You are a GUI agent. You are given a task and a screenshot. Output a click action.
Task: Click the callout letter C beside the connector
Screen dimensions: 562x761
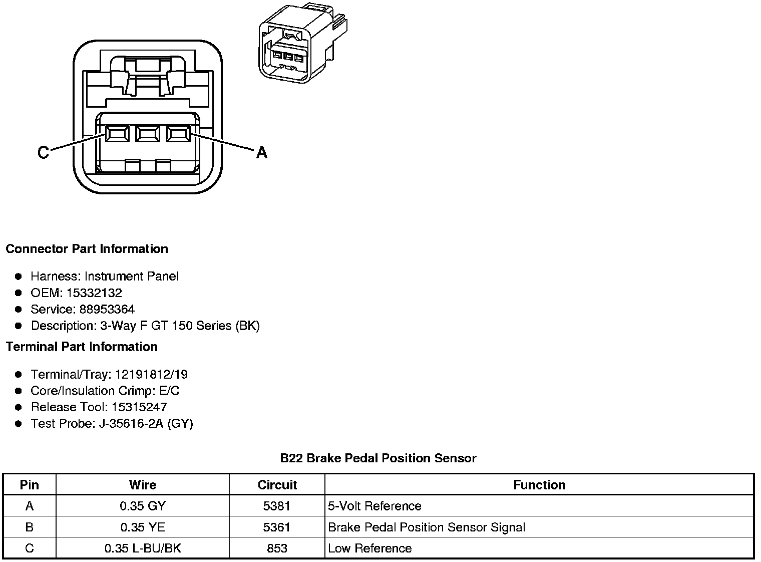point(44,152)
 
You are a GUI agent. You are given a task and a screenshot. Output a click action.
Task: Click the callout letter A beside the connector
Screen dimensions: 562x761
point(261,152)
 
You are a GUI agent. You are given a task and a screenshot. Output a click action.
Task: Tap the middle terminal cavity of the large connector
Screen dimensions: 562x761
point(147,134)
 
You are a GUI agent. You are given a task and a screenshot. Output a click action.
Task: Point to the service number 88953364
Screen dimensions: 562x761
point(107,309)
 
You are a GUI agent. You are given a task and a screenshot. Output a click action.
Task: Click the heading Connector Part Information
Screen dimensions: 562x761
point(87,249)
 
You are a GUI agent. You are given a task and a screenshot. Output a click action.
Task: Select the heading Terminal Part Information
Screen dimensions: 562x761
point(82,347)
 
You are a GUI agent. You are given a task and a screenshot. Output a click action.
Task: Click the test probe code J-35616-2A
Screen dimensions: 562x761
point(132,423)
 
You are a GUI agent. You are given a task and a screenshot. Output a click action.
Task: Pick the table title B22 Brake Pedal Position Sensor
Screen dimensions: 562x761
point(378,458)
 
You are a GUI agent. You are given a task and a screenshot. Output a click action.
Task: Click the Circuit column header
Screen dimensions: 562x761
point(277,485)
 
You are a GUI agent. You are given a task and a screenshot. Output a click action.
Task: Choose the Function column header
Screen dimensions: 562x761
point(539,485)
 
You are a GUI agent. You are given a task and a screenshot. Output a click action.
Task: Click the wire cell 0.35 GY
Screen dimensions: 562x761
point(142,506)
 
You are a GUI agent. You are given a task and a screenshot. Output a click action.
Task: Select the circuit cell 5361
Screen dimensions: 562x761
point(277,527)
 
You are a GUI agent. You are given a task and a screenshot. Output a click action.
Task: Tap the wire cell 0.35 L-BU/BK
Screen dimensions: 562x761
point(142,548)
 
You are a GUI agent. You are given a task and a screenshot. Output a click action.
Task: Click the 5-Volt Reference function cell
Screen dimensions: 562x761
point(374,506)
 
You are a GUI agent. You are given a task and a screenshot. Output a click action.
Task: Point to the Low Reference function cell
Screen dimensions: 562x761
point(369,548)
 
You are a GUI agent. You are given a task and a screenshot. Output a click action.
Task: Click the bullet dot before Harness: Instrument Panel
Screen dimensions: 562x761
point(19,276)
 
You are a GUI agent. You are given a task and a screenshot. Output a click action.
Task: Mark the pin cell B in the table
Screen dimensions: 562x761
point(30,527)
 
